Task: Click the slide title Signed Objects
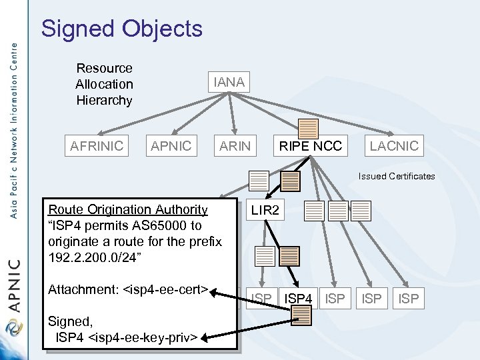click(121, 29)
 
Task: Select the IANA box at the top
click(229, 82)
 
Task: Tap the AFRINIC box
click(97, 146)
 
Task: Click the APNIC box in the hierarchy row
click(171, 146)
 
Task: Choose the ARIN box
click(235, 146)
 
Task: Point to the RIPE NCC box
click(310, 146)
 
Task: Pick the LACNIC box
click(394, 146)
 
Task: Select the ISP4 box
click(299, 299)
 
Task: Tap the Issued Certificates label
click(396, 177)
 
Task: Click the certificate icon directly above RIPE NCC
click(308, 129)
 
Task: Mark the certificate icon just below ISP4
click(302, 317)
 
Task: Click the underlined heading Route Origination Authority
click(128, 210)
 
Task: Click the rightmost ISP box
click(408, 299)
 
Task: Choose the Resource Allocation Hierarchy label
click(104, 84)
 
